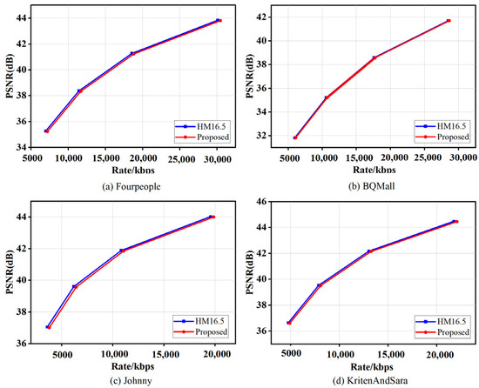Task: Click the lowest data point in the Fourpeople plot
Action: tap(46, 130)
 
